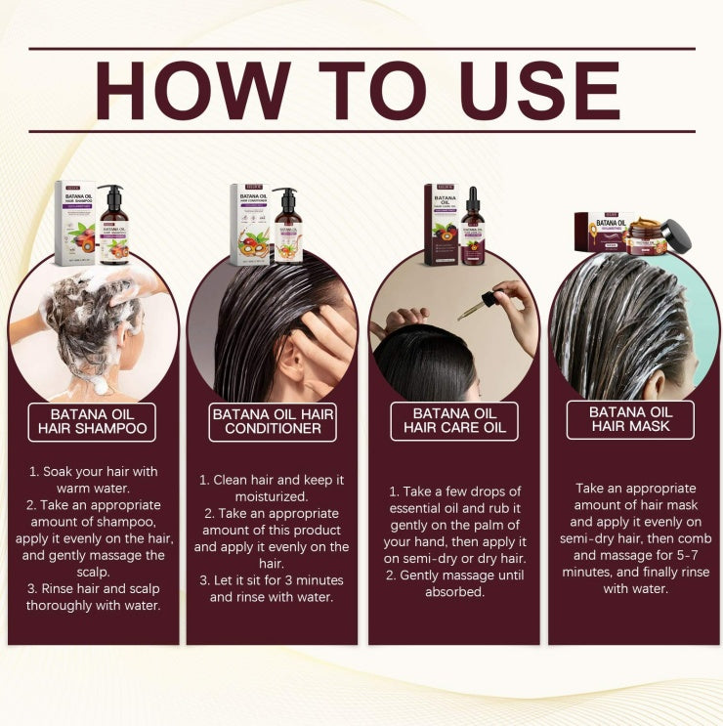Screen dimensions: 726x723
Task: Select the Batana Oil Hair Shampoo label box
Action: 92,420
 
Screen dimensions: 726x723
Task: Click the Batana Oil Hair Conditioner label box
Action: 273,421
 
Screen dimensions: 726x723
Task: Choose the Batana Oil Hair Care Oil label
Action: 454,420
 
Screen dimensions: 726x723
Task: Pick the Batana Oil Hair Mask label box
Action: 630,419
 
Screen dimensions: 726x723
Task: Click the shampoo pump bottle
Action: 113,227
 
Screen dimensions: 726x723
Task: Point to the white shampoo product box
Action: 74,224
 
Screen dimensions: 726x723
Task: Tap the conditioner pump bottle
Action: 287,228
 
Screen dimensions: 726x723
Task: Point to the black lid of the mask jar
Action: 675,236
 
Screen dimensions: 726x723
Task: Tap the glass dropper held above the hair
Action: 477,307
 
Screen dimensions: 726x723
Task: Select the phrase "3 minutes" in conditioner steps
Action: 300,580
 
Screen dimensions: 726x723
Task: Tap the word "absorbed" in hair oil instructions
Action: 454,591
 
